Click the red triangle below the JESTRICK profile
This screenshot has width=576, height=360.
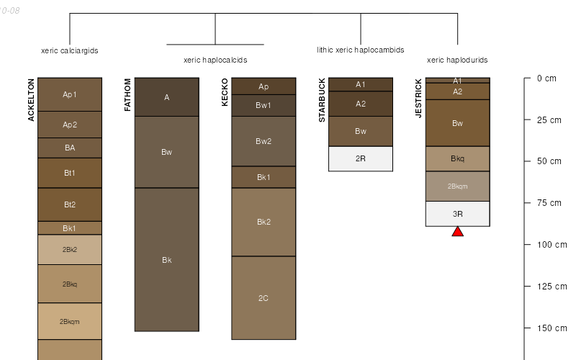(x=457, y=231)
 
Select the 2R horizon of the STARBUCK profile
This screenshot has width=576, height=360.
(x=361, y=158)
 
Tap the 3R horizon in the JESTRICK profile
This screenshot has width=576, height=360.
(x=457, y=214)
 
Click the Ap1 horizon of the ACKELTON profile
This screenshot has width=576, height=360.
(x=70, y=94)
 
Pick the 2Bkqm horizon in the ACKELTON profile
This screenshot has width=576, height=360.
(x=70, y=321)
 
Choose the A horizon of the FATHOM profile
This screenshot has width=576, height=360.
(x=166, y=97)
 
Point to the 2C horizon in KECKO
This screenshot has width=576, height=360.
(x=264, y=297)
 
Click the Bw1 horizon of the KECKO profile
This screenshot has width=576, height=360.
(x=264, y=105)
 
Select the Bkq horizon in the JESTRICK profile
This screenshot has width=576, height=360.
(x=457, y=158)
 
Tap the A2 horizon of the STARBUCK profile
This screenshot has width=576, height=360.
(x=361, y=104)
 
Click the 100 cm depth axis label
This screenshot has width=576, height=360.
(x=552, y=245)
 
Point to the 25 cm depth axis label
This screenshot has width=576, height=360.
(x=549, y=120)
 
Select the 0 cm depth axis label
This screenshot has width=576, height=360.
(x=546, y=78)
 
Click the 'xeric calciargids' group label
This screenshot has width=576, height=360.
(x=70, y=51)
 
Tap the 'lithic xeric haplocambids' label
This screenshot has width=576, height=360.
(x=360, y=50)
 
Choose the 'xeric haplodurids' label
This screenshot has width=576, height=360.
(x=457, y=60)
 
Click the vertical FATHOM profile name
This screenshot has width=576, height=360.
(x=128, y=96)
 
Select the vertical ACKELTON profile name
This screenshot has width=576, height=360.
(x=32, y=100)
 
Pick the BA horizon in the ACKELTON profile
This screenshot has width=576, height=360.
(x=70, y=148)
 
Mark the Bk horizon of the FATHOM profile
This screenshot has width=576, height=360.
(x=166, y=260)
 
